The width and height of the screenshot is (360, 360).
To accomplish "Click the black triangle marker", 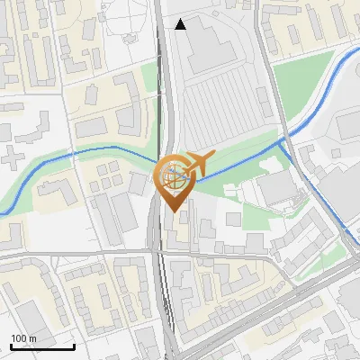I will (181, 24).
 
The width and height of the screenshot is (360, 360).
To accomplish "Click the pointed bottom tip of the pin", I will (174, 211).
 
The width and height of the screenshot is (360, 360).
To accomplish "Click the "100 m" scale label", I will (24, 338).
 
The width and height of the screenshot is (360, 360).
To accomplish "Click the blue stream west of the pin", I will (90, 149).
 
